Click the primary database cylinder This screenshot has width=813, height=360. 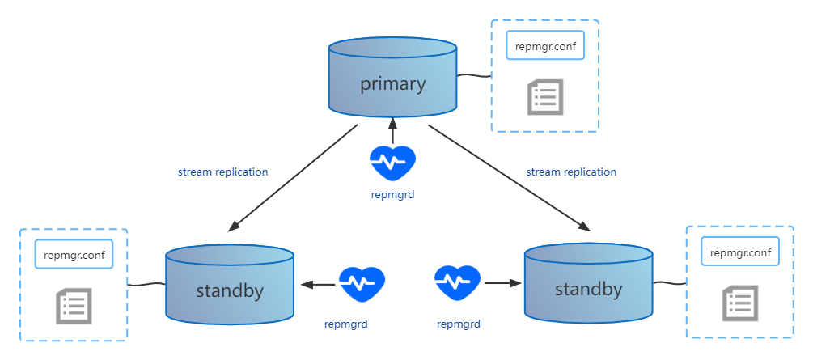pyautogui.click(x=392, y=77)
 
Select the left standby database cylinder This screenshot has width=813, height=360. pyautogui.click(x=230, y=284)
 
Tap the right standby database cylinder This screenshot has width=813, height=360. pyautogui.click(x=588, y=282)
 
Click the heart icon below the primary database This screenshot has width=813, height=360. pyautogui.click(x=392, y=163)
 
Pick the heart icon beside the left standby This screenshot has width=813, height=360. pyautogui.click(x=362, y=284)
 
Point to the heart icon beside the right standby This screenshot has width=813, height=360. pyautogui.click(x=458, y=283)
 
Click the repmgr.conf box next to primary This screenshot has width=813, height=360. pyautogui.click(x=545, y=45)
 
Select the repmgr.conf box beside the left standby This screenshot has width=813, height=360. pyautogui.click(x=74, y=254)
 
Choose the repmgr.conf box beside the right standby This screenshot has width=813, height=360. pyautogui.click(x=740, y=252)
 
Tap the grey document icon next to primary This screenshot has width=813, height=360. pyautogui.click(x=545, y=97)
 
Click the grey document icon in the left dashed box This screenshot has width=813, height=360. pyautogui.click(x=74, y=306)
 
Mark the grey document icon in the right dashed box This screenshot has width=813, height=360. pyautogui.click(x=740, y=303)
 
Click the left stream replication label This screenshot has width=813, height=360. pyautogui.click(x=223, y=172)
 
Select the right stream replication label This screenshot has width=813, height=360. pyautogui.click(x=571, y=172)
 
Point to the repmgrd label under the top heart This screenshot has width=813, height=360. pyautogui.click(x=393, y=196)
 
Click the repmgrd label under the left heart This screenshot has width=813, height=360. pyautogui.click(x=346, y=324)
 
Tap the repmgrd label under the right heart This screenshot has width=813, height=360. pyautogui.click(x=459, y=324)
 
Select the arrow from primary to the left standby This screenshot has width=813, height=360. pyautogui.click(x=293, y=177)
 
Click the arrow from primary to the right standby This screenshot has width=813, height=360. pyautogui.click(x=509, y=177)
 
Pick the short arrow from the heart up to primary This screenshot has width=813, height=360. pyautogui.click(x=392, y=130)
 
